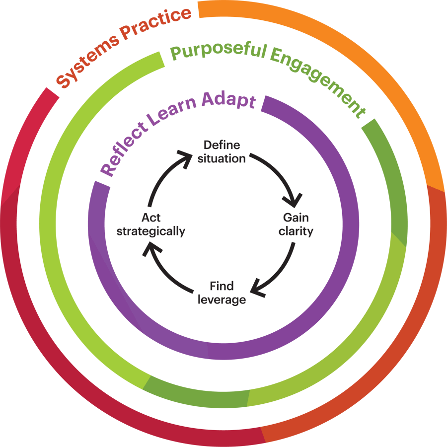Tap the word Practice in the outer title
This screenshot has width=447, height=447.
pyautogui.click(x=158, y=22)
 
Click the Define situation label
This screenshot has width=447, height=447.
pyautogui.click(x=224, y=152)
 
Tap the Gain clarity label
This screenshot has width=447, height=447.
pyautogui.click(x=296, y=224)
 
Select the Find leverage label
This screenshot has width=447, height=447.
pyautogui.click(x=222, y=293)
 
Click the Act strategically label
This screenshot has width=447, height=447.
pyautogui.click(x=150, y=224)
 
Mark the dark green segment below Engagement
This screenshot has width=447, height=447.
pyautogui.click(x=392, y=179)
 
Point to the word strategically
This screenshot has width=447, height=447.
pyautogui.click(x=150, y=231)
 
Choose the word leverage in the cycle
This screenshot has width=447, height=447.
pyautogui.click(x=222, y=299)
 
